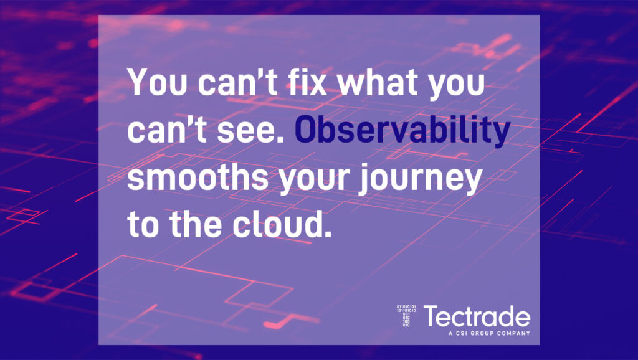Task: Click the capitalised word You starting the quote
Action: pyautogui.click(x=158, y=82)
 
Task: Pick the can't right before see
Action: pyautogui.click(x=167, y=129)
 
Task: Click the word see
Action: pyautogui.click(x=250, y=131)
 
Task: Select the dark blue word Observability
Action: pyautogui.click(x=402, y=131)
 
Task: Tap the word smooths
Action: pyautogui.click(x=198, y=177)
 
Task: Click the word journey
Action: pyautogui.click(x=421, y=179)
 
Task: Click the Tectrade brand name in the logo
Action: pyautogui.click(x=477, y=316)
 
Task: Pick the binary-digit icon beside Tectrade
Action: pyautogui.click(x=406, y=316)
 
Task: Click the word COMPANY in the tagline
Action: pyautogui.click(x=513, y=333)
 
